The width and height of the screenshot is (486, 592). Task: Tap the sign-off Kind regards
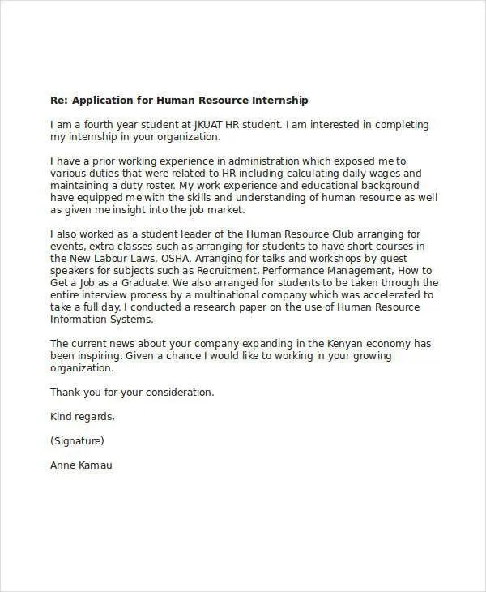point(83,416)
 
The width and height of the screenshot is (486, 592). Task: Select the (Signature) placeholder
point(77,441)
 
